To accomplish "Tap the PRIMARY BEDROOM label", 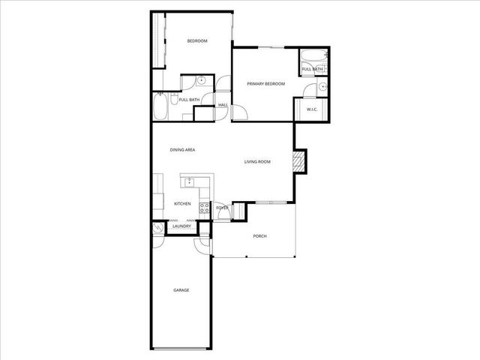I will click(x=266, y=84).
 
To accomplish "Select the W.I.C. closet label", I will click(x=313, y=109).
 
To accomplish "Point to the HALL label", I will click(x=223, y=105).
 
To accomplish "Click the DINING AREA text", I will click(x=182, y=151).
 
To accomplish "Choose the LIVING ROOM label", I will click(x=257, y=161).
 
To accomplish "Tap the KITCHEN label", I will click(x=182, y=204).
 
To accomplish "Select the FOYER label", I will click(x=222, y=208).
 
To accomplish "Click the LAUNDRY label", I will click(x=181, y=226).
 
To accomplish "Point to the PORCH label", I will click(x=259, y=236).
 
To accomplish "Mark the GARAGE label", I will click(x=181, y=289).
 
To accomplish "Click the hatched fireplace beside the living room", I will click(x=299, y=161).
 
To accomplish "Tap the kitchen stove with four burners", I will click(x=204, y=208).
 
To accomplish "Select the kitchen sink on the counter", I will click(x=190, y=181).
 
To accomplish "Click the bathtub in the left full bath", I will click(x=160, y=106).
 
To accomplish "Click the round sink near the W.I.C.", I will click(x=322, y=87).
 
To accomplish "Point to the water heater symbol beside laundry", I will click(x=157, y=228).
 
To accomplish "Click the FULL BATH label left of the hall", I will click(x=189, y=100).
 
